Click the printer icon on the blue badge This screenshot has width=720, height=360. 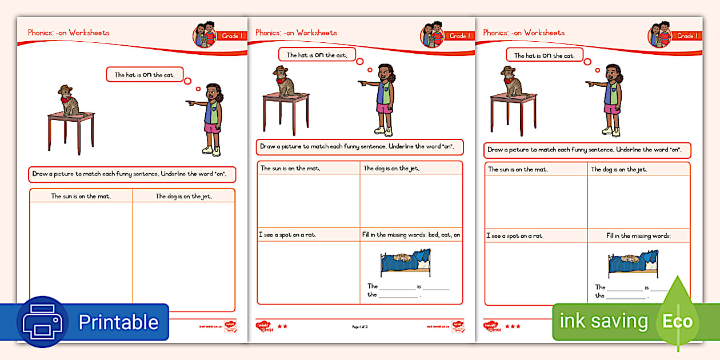43,322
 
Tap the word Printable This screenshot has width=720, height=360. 118,322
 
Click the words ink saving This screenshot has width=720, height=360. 603,321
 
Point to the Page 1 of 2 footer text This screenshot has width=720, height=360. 360,326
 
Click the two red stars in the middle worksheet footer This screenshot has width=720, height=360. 282,326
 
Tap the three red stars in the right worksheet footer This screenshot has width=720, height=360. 512,326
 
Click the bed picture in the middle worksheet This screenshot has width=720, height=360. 406,263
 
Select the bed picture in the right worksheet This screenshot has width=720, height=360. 633,263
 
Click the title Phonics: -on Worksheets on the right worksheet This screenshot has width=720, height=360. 523,33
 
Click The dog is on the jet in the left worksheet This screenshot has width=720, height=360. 183,197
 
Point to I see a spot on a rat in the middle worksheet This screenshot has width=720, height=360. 287,235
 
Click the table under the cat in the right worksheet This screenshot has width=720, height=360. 513,111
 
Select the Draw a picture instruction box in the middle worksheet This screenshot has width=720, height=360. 359,147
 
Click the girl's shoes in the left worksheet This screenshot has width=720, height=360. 211,151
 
